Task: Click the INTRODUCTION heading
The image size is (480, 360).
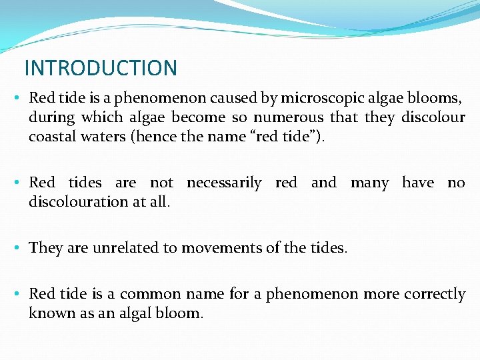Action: coord(101,68)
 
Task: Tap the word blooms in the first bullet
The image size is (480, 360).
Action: coord(435,98)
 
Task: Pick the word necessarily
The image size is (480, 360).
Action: coord(224,183)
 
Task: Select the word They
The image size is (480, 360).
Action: coord(45,248)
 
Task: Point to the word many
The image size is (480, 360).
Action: coord(369,183)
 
